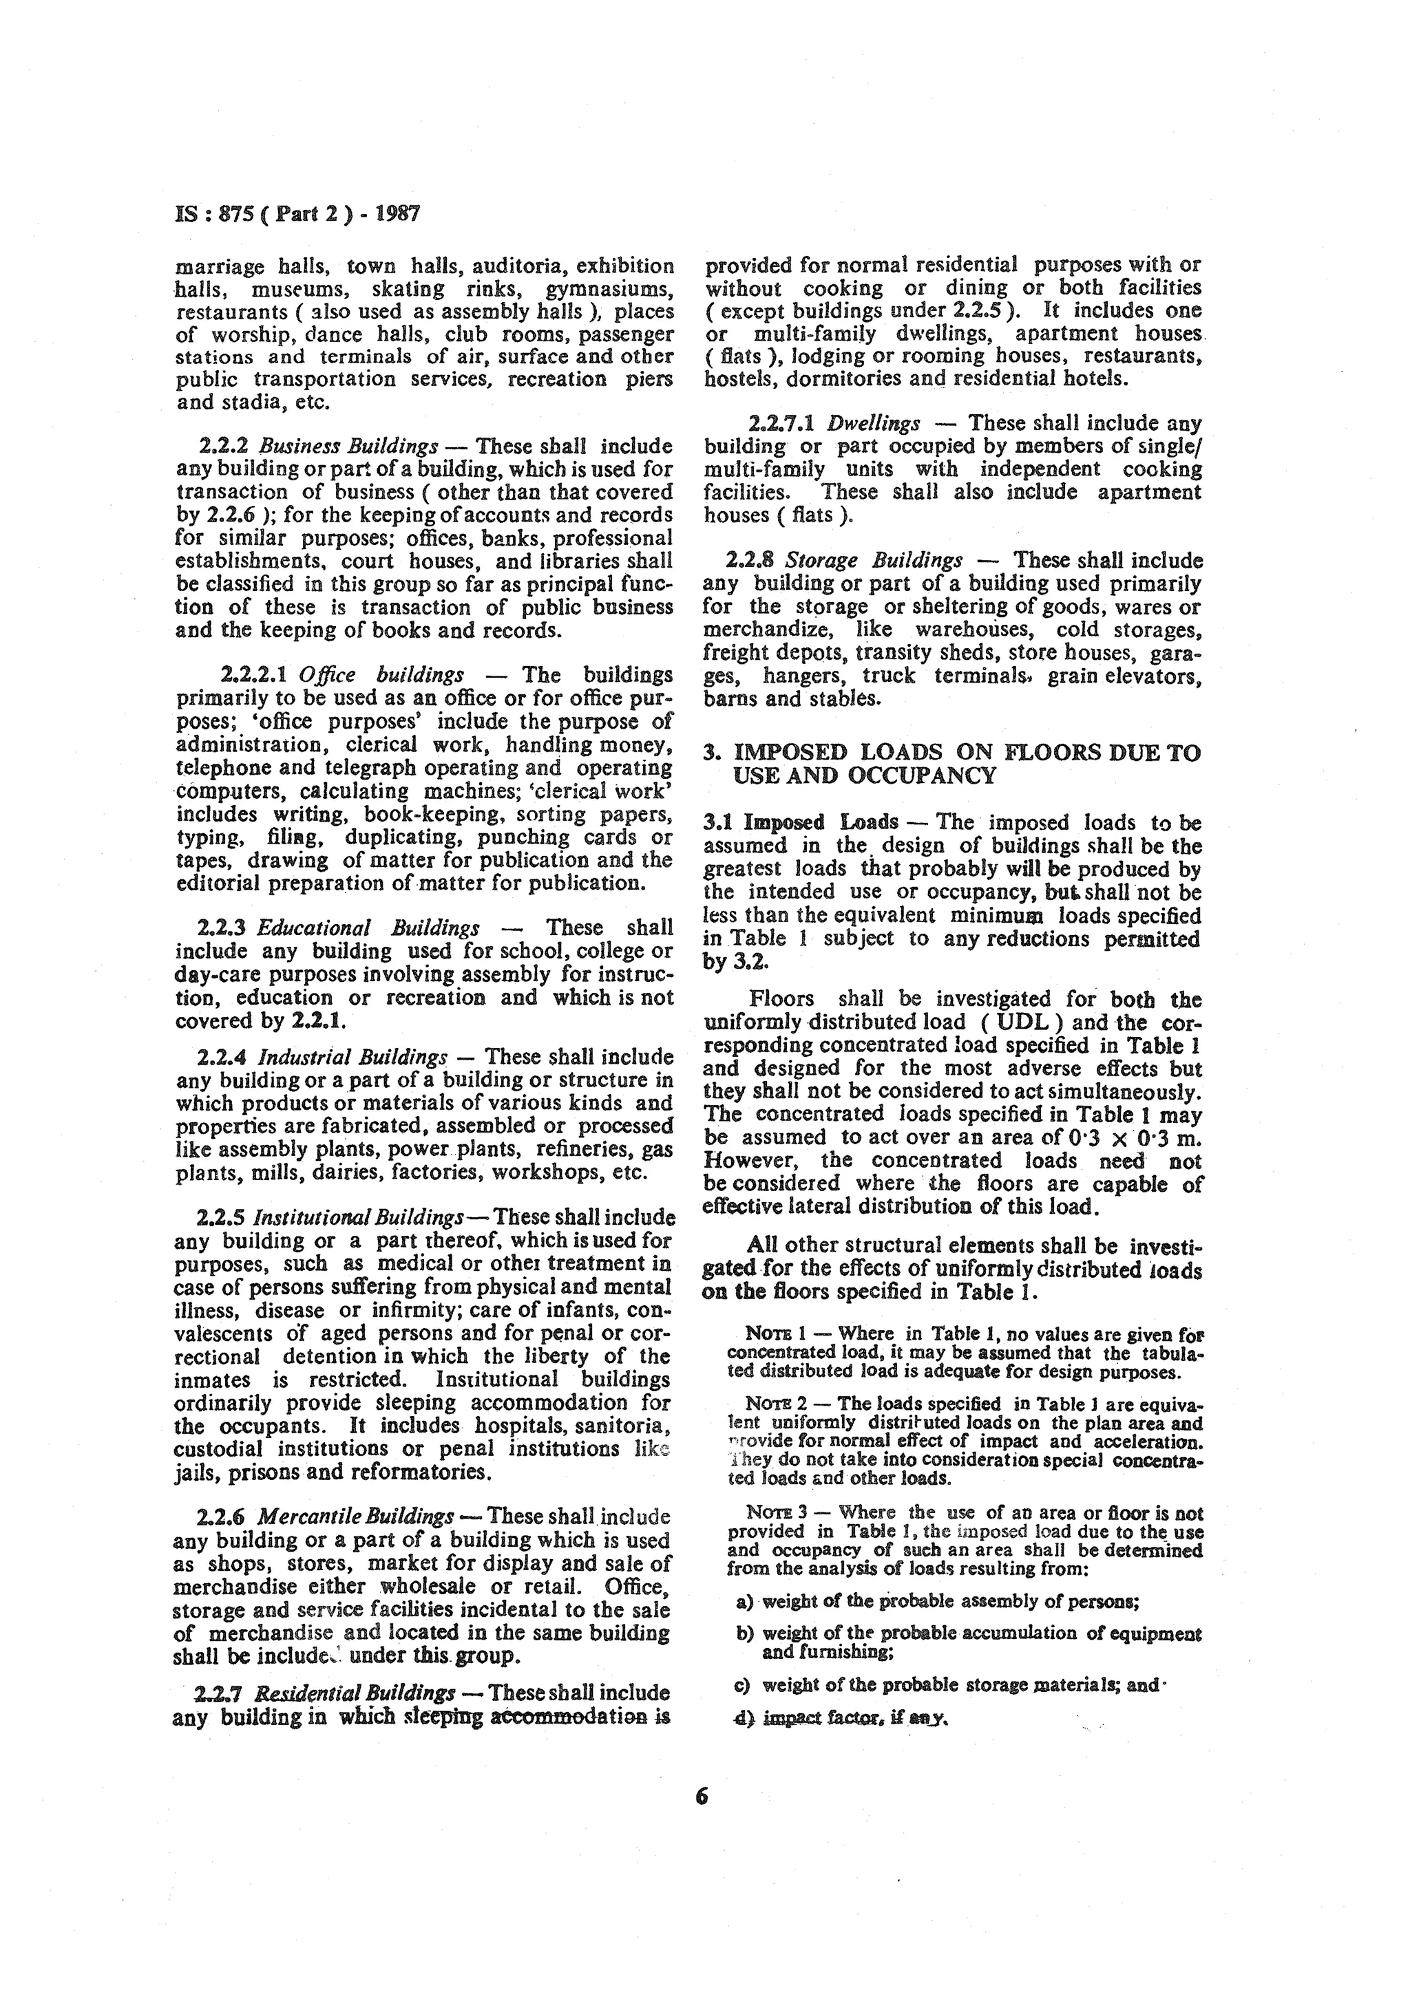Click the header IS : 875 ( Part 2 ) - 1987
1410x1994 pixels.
point(298,213)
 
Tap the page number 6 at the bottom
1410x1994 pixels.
point(702,1797)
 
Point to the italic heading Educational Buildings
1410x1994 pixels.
point(368,928)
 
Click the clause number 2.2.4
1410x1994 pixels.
point(222,1057)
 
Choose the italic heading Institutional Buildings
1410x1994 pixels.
point(358,1216)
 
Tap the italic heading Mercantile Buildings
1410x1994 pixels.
point(356,1517)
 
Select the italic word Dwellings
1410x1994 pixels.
point(873,424)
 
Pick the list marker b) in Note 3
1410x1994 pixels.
point(744,1633)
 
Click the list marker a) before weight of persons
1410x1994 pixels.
point(744,1600)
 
